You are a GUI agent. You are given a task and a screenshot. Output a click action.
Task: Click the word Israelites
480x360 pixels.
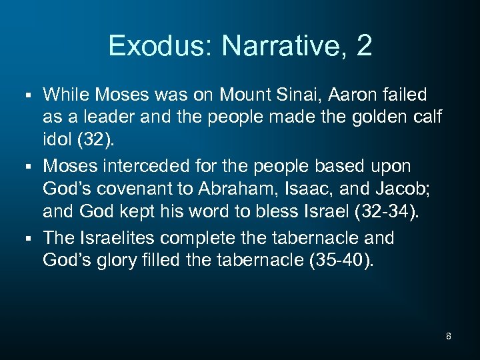coord(134,238)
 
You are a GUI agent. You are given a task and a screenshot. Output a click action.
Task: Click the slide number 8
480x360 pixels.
coord(449,336)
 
